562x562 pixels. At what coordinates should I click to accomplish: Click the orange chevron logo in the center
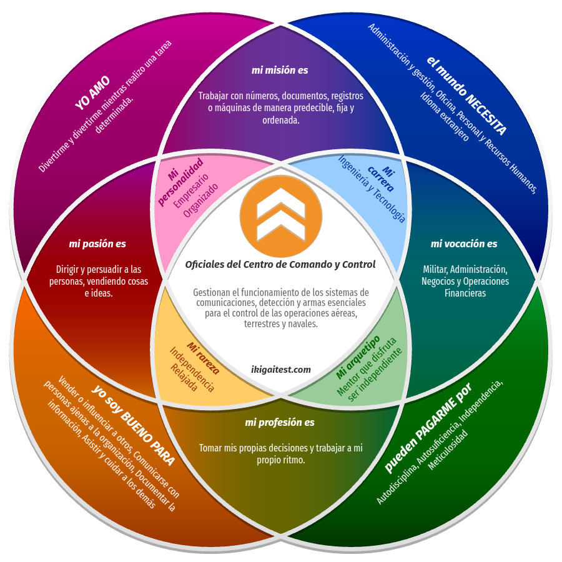280,216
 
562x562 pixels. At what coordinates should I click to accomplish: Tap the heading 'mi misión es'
280,70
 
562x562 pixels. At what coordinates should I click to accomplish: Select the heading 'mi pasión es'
97,244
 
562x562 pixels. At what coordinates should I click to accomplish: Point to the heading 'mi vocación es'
464,244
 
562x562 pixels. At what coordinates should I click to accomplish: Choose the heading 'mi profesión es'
280,423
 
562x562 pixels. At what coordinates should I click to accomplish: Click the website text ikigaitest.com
281,370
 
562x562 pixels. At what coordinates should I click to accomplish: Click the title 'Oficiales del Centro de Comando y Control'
280,265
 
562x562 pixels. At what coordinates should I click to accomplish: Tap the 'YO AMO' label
92,93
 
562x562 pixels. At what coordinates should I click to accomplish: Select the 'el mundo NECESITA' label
466,96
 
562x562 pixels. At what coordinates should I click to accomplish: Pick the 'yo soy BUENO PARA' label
134,425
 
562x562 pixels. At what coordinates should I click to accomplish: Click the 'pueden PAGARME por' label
428,428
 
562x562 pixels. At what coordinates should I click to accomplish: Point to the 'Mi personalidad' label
180,182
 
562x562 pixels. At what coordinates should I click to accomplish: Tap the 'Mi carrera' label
382,178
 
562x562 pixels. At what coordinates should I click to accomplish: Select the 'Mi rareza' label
203,358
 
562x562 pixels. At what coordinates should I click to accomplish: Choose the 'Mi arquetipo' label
358,357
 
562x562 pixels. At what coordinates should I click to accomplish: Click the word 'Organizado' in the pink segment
200,200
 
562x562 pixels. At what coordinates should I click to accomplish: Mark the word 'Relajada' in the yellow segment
184,377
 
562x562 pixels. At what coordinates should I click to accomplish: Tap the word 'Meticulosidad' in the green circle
448,450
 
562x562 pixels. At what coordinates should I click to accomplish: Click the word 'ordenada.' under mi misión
280,121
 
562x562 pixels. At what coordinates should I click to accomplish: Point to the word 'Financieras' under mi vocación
465,293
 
